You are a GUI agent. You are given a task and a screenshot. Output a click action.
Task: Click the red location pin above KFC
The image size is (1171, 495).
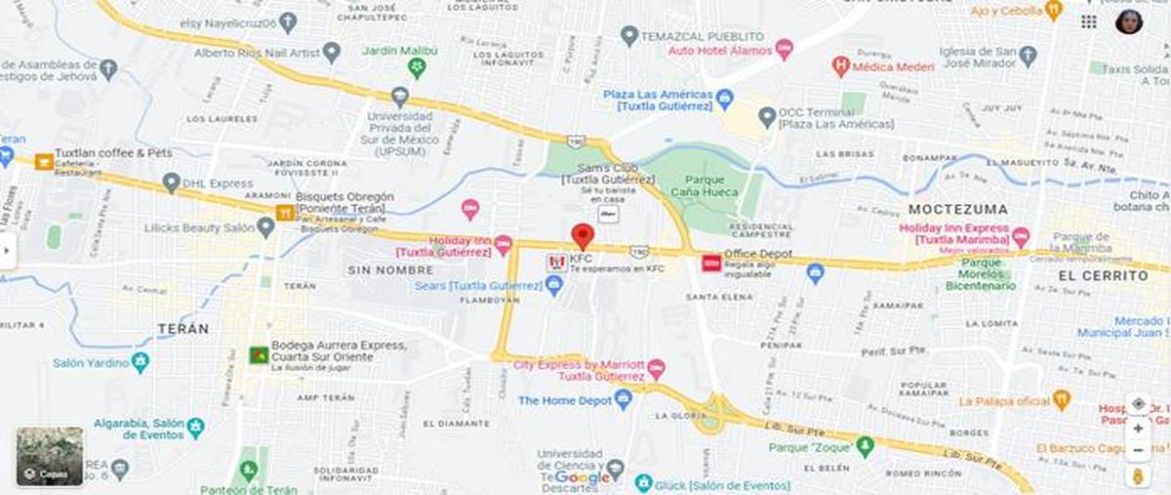(x=583, y=235)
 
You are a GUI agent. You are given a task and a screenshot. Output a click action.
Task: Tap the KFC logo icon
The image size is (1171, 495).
(x=556, y=264)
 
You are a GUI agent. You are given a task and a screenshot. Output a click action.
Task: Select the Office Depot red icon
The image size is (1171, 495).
(x=710, y=263)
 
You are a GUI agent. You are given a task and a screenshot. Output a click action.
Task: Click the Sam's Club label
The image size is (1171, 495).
(x=608, y=179)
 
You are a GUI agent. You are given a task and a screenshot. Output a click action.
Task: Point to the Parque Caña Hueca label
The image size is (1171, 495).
(x=705, y=186)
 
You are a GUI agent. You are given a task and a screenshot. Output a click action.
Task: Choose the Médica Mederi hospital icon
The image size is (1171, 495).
(x=839, y=66)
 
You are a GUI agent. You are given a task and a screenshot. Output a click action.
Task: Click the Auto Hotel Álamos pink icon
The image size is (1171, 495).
(x=785, y=49)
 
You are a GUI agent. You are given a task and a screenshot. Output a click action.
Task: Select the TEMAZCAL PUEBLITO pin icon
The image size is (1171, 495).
(x=629, y=35)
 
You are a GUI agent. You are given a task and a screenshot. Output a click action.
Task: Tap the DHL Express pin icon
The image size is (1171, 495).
(x=172, y=183)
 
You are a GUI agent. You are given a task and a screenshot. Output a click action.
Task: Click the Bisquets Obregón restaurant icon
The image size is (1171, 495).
(x=285, y=212)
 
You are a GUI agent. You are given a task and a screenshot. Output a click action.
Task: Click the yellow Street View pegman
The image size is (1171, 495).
(x=1138, y=475)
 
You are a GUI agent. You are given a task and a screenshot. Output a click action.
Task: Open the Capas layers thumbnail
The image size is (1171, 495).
(x=50, y=456)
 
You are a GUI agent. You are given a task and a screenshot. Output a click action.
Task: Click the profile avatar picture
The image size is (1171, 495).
(x=1129, y=21)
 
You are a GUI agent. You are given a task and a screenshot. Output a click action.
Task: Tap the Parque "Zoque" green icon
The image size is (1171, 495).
(x=864, y=447)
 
